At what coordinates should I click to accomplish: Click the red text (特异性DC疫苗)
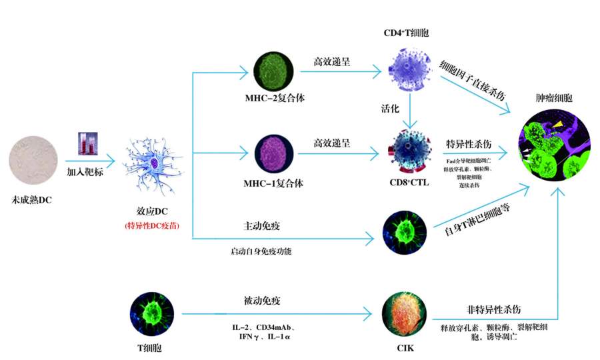click(152, 226)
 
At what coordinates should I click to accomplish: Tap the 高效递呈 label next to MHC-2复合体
click(332, 61)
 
